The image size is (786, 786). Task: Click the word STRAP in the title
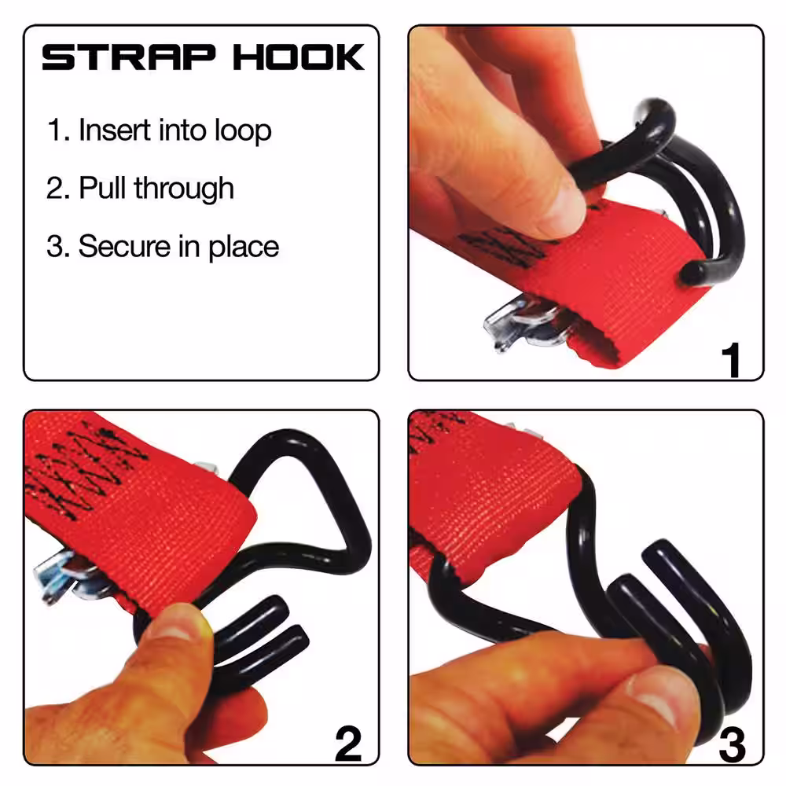[129, 57]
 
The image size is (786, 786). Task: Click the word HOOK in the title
[298, 57]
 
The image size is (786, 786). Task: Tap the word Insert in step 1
[114, 130]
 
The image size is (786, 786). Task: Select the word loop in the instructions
[243, 130]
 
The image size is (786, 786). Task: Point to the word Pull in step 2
[102, 188]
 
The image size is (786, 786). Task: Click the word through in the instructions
[183, 189]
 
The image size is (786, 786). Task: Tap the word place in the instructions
[244, 248]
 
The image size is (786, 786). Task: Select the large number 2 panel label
[348, 744]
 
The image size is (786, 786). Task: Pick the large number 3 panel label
[732, 744]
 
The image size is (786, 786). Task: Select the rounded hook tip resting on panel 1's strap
[694, 274]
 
